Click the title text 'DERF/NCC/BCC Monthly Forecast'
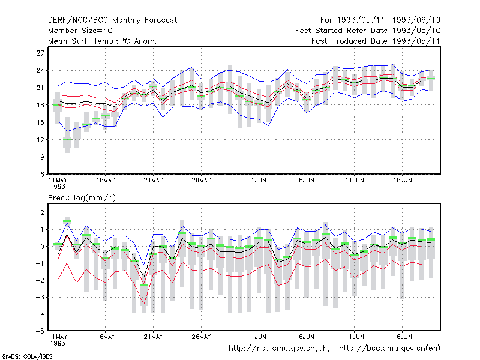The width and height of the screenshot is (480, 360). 112,20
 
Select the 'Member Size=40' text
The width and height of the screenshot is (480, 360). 80,31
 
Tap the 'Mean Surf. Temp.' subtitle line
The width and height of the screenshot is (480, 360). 103,41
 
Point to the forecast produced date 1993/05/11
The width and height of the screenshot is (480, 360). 376,41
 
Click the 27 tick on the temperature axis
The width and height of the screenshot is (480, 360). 40,53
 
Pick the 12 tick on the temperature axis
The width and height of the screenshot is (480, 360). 40,140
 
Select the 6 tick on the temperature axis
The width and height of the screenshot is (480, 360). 42,175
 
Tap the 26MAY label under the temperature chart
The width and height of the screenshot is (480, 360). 202,181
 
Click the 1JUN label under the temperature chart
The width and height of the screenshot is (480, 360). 259,181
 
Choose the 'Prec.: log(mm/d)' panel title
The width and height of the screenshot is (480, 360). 82,198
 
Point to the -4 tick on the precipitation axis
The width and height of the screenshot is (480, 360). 40,314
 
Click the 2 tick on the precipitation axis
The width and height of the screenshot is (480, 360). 43,212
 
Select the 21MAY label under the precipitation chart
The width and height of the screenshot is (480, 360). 154,337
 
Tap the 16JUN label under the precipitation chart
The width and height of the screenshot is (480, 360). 403,337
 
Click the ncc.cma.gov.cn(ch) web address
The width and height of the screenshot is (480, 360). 279,349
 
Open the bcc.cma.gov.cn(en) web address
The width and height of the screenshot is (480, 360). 389,349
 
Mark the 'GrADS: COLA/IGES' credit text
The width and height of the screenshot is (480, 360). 27,356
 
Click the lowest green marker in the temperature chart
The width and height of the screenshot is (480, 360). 67,140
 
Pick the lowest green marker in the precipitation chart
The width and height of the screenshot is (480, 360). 144,285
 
